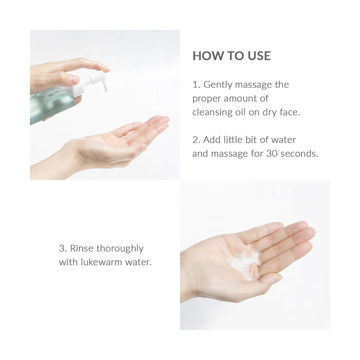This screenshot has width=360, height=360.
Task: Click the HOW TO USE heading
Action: [231, 56]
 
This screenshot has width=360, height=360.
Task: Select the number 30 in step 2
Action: [272, 154]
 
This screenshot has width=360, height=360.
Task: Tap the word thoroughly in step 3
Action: [120, 249]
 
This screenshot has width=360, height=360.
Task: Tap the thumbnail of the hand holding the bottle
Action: [75, 80]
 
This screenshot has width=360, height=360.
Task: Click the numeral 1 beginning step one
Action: [195, 85]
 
